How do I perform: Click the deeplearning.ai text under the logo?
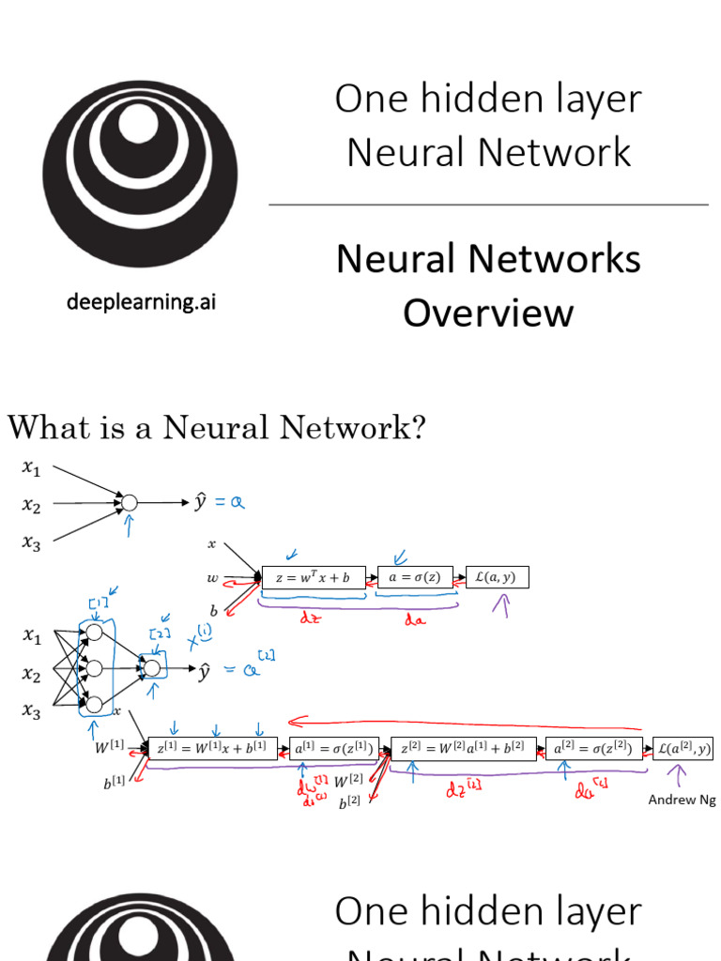click(140, 302)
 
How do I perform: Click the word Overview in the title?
click(488, 312)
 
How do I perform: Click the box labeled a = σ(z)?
click(415, 578)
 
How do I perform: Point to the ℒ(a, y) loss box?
click(498, 578)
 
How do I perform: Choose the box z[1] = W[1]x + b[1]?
click(212, 748)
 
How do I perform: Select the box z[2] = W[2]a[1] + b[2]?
click(463, 748)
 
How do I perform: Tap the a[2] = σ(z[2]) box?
click(595, 748)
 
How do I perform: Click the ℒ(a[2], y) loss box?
click(683, 748)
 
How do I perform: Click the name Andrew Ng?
click(681, 800)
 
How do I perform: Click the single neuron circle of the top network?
click(130, 503)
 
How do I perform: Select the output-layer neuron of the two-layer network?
click(151, 668)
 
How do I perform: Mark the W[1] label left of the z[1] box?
click(110, 748)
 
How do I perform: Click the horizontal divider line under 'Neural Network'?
click(488, 204)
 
